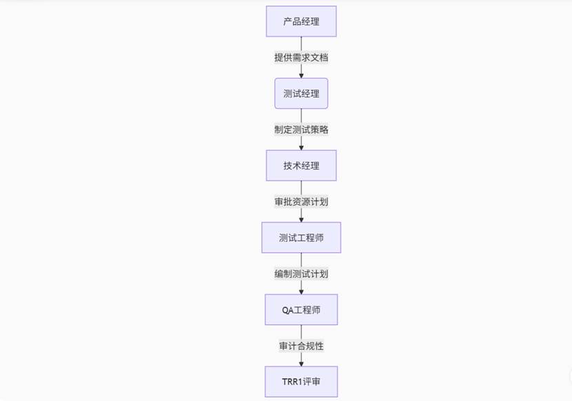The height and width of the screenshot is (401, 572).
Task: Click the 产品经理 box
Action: pos(301,21)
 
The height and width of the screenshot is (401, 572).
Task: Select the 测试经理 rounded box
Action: pos(301,93)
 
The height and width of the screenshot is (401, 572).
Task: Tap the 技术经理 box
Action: pos(301,165)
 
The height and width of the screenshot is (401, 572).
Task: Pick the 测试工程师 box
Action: pos(301,238)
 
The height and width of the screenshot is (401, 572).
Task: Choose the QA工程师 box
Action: pos(301,309)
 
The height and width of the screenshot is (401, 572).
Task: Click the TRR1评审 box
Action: pos(301,381)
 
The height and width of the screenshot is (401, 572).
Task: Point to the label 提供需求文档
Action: pos(301,57)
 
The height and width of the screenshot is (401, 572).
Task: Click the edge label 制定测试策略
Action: pos(301,130)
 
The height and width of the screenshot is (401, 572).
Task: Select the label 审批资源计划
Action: pos(301,201)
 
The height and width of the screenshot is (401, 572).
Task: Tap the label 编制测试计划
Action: pos(301,274)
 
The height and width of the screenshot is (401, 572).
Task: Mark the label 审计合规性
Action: pos(301,346)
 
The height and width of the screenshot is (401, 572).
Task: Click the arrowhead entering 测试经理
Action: pos(301,75)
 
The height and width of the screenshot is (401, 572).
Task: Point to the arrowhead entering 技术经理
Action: pos(301,147)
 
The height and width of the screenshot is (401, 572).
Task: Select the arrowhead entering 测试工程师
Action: pos(301,219)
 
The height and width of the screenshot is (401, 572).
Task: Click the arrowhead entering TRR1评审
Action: pos(301,363)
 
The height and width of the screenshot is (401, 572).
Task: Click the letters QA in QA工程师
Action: pos(288,309)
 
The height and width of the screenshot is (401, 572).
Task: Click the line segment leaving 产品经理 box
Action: pos(301,43)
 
